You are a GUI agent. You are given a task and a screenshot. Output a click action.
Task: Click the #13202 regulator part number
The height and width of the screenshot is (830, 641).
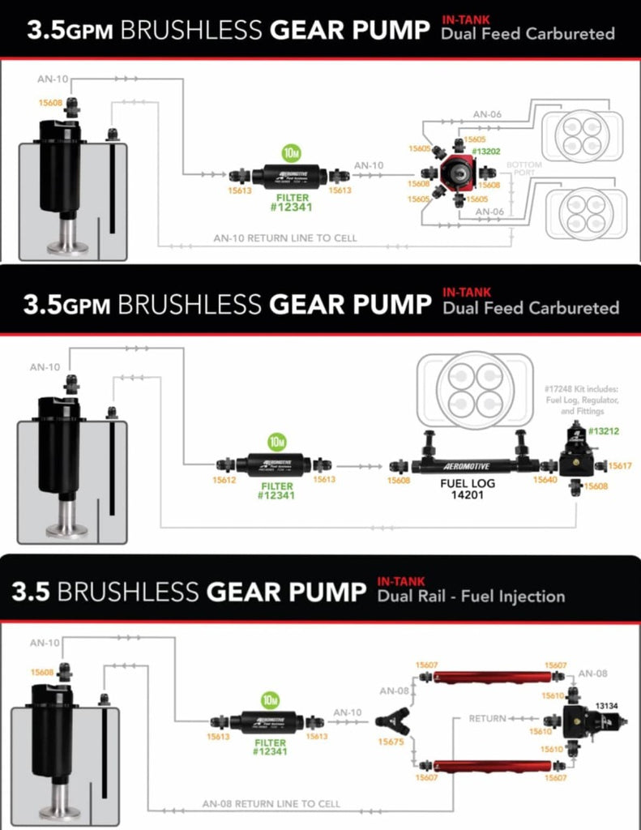[x=486, y=151]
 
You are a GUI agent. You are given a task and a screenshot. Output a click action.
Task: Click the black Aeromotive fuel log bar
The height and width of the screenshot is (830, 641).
[x=474, y=466]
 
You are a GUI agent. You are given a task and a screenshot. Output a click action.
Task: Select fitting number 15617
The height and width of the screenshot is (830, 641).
[x=619, y=466]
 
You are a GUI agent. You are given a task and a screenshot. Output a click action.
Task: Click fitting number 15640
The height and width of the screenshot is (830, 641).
[x=545, y=480]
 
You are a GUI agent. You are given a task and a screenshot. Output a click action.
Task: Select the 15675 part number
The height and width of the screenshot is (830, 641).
[x=391, y=741]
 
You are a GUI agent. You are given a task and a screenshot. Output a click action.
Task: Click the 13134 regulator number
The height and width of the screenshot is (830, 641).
[x=607, y=707]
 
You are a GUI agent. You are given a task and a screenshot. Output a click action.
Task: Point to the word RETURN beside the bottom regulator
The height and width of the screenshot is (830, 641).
[x=487, y=718]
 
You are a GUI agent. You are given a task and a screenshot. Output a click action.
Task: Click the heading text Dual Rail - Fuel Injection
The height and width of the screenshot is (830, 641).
[x=471, y=597]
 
